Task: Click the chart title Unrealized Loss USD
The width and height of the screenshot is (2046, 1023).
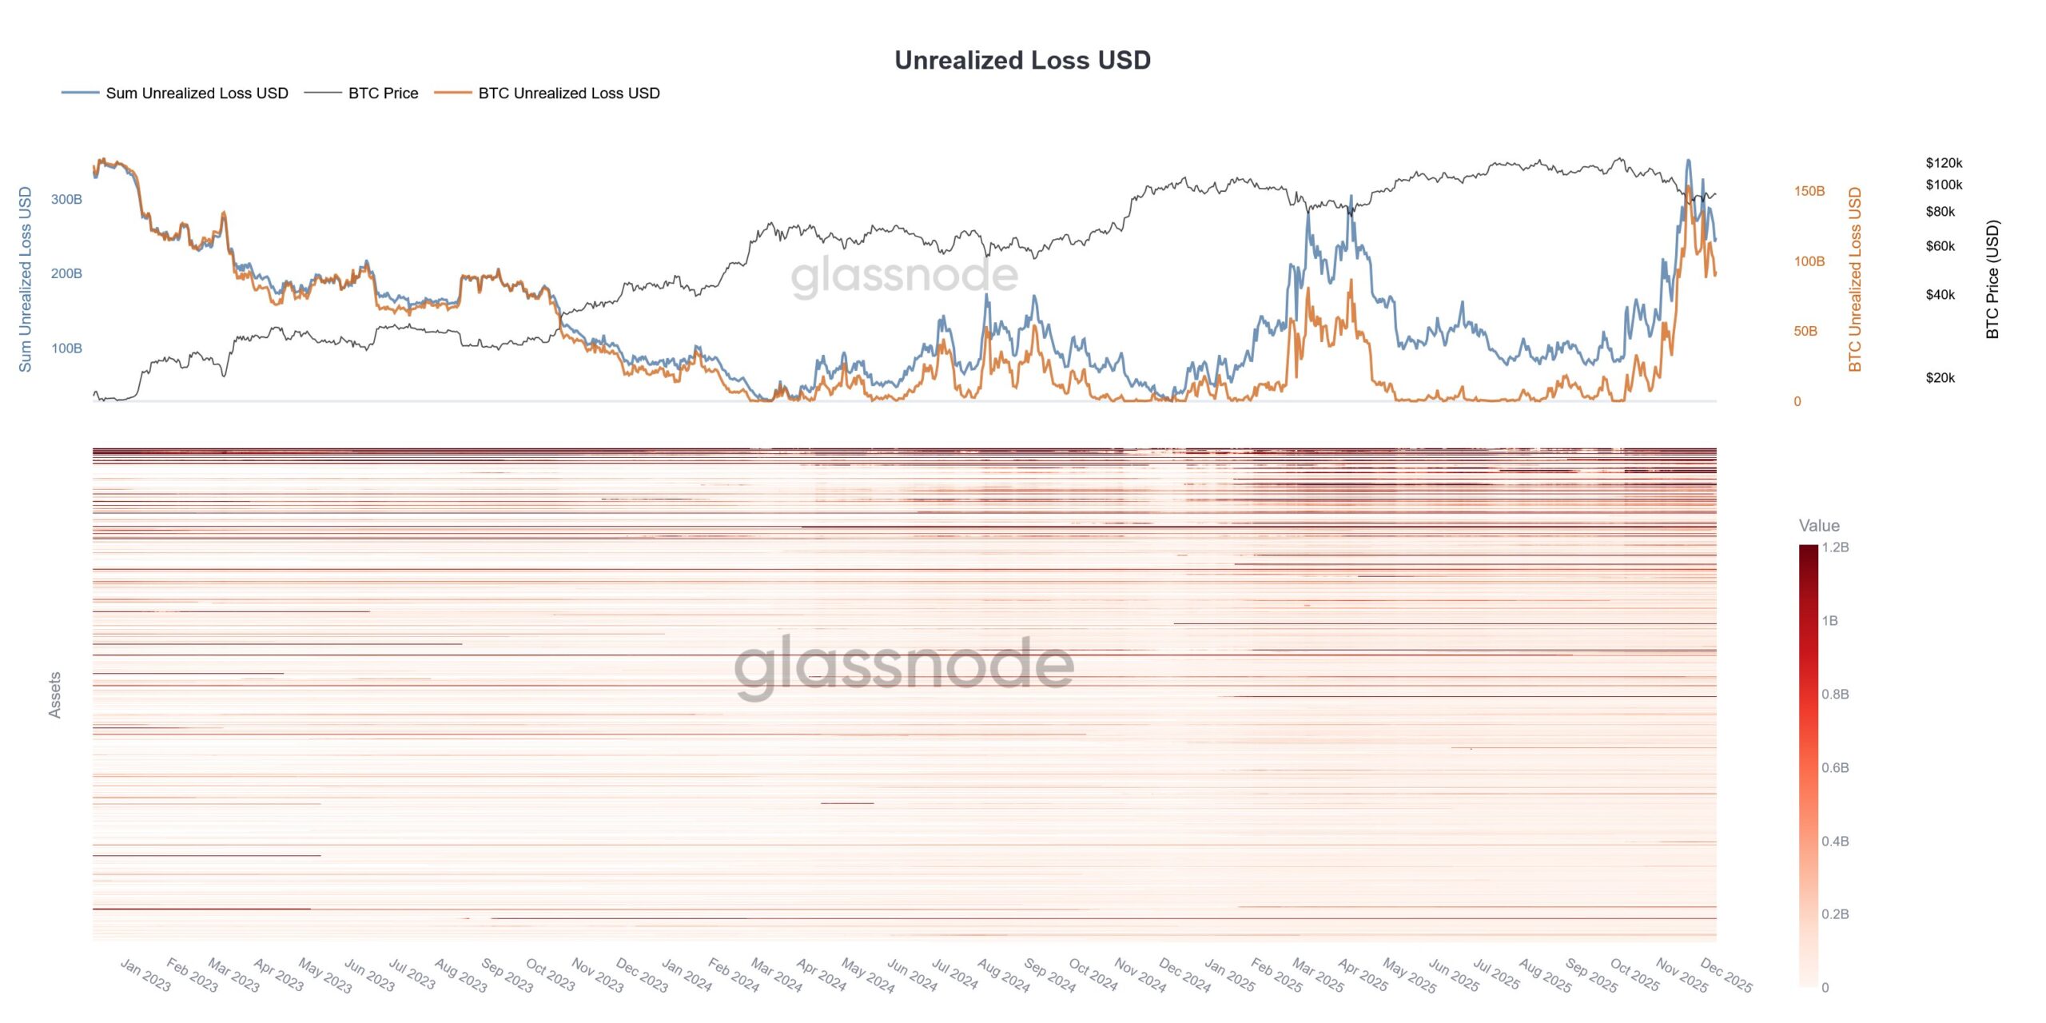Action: [1022, 60]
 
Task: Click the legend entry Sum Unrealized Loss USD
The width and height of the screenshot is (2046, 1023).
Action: [197, 94]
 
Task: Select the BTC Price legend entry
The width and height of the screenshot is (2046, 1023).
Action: [383, 94]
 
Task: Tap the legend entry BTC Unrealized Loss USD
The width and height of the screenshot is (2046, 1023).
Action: [568, 94]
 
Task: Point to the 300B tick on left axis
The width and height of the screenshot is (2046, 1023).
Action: [66, 199]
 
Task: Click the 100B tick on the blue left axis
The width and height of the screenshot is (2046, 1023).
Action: [66, 348]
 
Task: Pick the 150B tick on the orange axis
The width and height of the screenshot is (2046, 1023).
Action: [1809, 191]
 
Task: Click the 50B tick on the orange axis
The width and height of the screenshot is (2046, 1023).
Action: [1805, 331]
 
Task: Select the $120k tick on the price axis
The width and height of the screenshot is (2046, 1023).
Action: [1943, 163]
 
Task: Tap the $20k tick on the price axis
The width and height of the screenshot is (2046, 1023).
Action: [1940, 378]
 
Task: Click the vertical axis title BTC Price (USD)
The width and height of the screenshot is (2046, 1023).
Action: [1992, 279]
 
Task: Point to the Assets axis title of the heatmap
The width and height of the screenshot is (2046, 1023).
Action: [55, 695]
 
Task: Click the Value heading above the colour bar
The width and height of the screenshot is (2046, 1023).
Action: [1818, 525]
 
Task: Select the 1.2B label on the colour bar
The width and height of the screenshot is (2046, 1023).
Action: [1835, 547]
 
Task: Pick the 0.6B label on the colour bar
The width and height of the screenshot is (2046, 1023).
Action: [1835, 768]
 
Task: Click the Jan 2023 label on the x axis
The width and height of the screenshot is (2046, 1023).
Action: [145, 975]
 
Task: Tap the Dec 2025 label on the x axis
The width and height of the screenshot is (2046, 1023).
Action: [1726, 975]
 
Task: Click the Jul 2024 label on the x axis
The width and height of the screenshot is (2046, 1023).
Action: [954, 975]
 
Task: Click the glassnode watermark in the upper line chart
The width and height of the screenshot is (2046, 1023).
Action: [904, 276]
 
